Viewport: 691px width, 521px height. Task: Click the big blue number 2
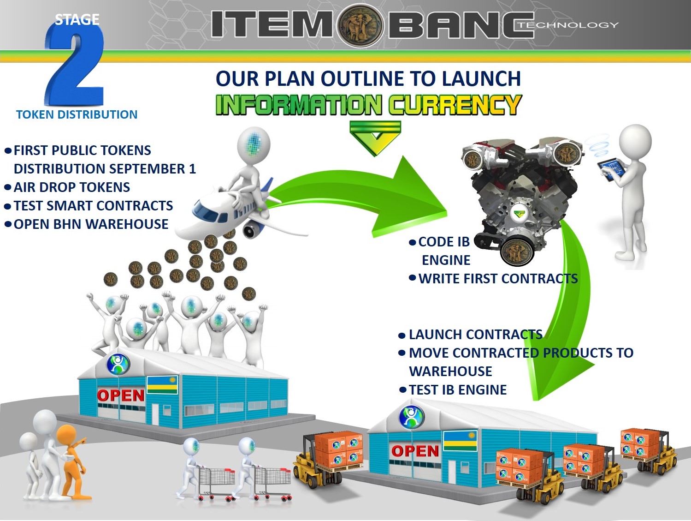pyautogui.click(x=75, y=65)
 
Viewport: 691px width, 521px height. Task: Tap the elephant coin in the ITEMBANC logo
pyautogui.click(x=360, y=25)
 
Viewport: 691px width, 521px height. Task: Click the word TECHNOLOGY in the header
pyautogui.click(x=568, y=24)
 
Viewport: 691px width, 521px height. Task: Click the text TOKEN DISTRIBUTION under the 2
pyautogui.click(x=77, y=114)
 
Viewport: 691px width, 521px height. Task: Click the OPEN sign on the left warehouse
pyautogui.click(x=121, y=395)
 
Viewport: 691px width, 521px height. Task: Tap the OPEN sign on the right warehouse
pyautogui.click(x=415, y=451)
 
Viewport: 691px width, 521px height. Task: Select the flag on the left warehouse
pyautogui.click(x=162, y=384)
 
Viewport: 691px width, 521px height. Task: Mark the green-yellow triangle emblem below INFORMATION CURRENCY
pyautogui.click(x=375, y=138)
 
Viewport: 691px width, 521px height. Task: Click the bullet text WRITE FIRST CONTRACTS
pyautogui.click(x=498, y=278)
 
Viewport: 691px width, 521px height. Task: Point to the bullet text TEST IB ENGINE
pyautogui.click(x=458, y=390)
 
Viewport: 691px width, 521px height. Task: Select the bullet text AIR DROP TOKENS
pyautogui.click(x=72, y=187)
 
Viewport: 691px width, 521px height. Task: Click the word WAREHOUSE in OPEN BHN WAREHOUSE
pyautogui.click(x=127, y=224)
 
